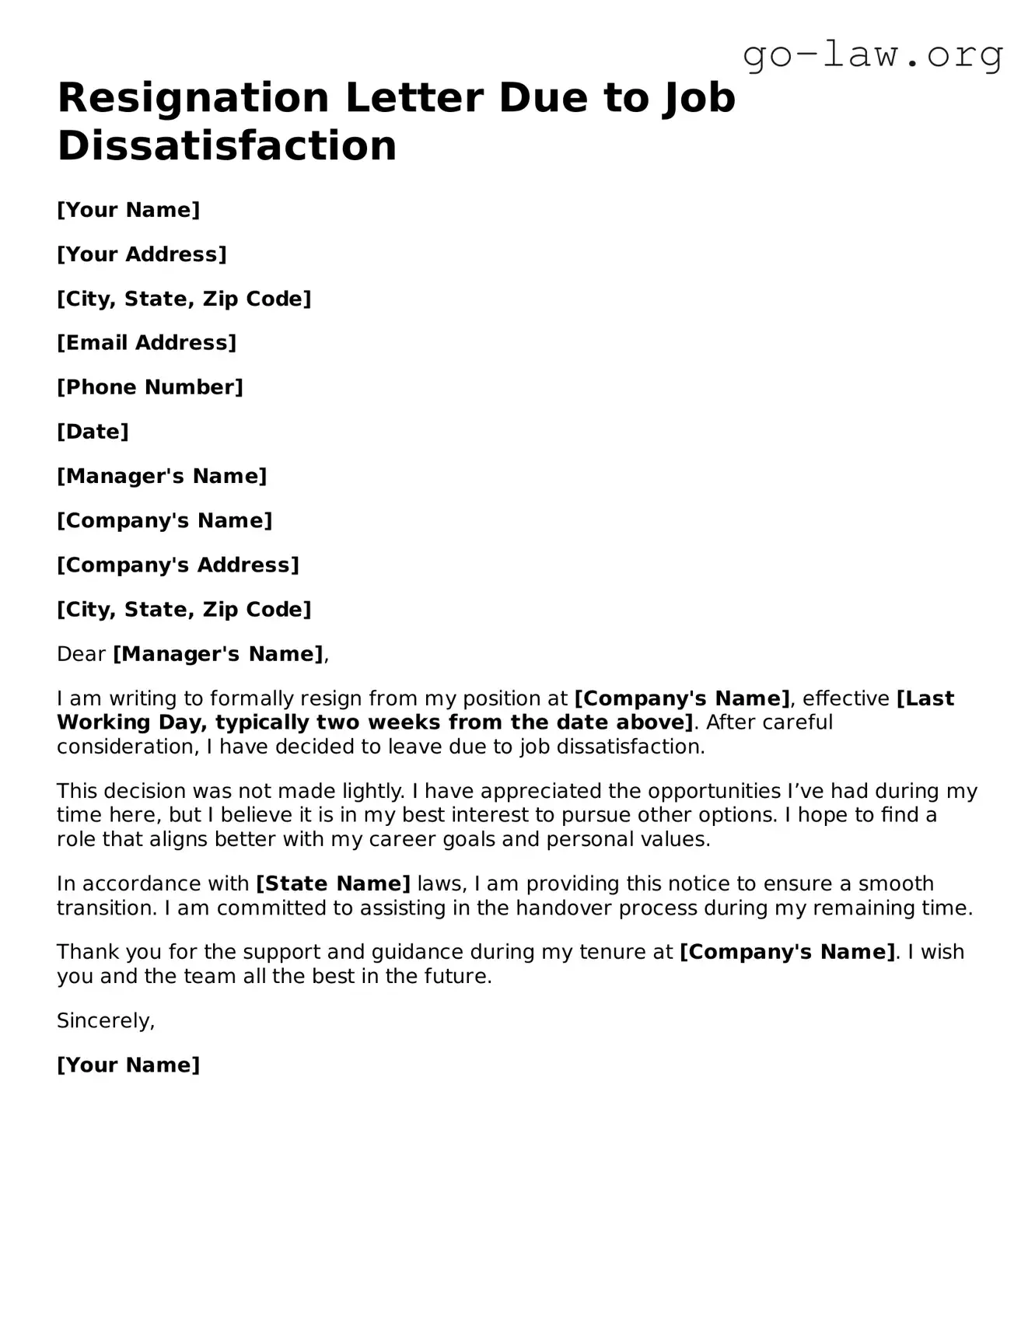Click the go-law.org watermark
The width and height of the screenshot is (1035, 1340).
point(872,55)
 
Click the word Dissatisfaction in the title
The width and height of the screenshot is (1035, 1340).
point(227,145)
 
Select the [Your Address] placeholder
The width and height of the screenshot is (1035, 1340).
point(142,254)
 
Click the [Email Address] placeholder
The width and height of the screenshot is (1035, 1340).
point(146,343)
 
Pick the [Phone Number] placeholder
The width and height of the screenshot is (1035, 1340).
point(150,387)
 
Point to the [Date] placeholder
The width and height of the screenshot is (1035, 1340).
point(93,432)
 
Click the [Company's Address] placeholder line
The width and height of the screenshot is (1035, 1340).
point(178,565)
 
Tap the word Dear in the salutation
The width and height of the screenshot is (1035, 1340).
point(81,654)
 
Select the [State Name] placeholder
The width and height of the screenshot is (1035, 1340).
point(333,884)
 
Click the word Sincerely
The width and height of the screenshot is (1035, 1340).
point(106,1021)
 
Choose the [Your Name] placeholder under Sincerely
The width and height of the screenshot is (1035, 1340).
point(128,1065)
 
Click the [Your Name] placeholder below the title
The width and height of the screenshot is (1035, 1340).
point(128,210)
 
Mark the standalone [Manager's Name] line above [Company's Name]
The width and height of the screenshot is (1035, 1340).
point(162,476)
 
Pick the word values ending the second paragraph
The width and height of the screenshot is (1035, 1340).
point(677,840)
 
